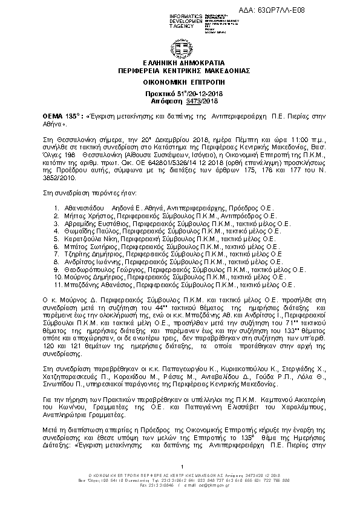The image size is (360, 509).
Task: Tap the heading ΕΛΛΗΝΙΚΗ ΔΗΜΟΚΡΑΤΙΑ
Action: tap(180, 62)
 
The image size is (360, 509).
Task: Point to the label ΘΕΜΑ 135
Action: tap(42, 113)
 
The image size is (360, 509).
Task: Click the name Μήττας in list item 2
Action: tap(74, 215)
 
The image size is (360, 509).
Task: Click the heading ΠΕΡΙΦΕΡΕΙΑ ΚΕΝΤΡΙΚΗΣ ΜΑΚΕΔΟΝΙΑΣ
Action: tap(180, 70)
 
